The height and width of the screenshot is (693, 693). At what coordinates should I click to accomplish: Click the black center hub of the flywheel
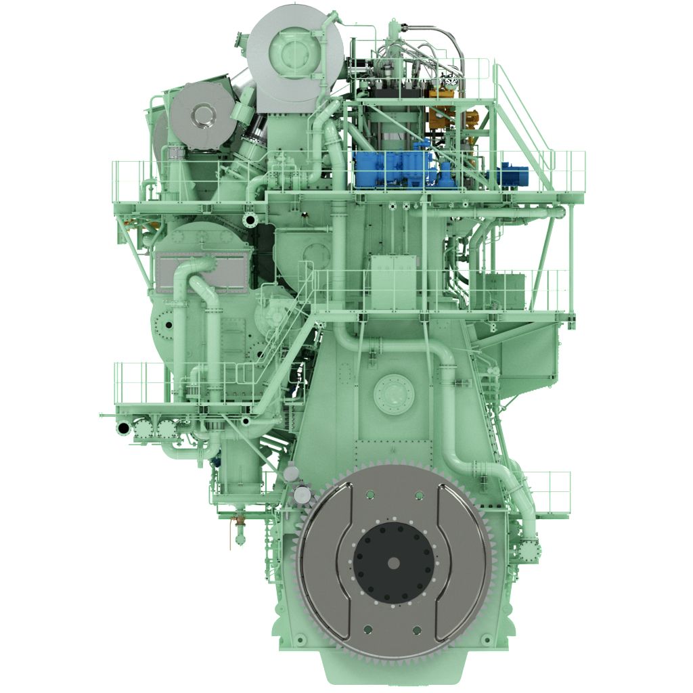[x=393, y=562]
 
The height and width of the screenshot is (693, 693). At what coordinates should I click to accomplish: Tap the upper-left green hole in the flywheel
[x=367, y=496]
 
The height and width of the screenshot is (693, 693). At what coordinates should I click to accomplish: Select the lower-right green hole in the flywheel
[x=418, y=630]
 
